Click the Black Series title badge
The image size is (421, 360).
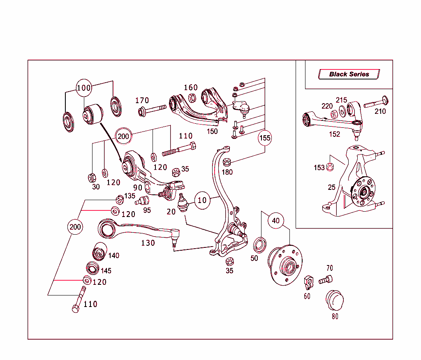click(x=349, y=74)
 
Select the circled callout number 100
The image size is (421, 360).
click(x=84, y=88)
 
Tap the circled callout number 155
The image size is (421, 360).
click(x=265, y=138)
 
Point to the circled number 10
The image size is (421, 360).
click(x=202, y=201)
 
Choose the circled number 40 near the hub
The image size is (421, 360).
click(x=275, y=221)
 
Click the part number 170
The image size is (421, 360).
click(x=142, y=101)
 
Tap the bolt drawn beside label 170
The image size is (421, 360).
click(x=152, y=110)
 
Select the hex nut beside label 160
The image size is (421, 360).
click(x=192, y=98)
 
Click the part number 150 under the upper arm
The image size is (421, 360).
click(x=212, y=132)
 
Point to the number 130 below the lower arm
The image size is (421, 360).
click(x=148, y=243)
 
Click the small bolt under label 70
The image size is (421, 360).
click(x=325, y=280)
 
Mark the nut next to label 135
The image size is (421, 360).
click(x=120, y=200)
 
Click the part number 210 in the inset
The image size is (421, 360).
click(x=380, y=111)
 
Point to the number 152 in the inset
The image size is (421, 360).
click(x=335, y=134)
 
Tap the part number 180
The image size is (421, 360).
click(x=227, y=172)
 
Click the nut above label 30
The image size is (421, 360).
click(x=93, y=178)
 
